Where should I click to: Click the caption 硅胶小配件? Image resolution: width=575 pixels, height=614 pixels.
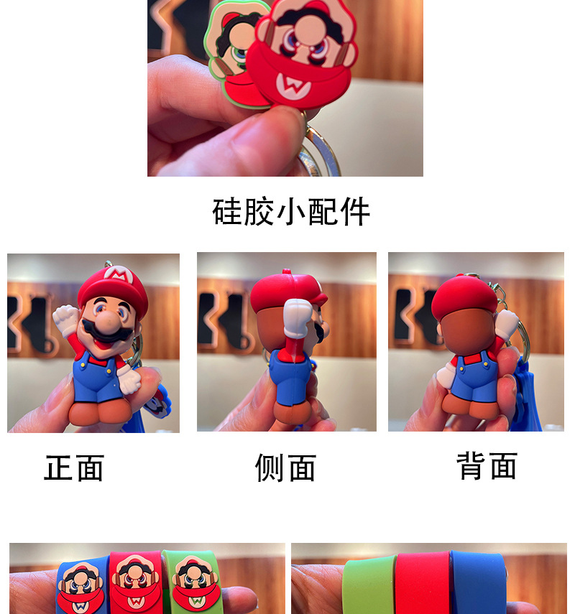291,212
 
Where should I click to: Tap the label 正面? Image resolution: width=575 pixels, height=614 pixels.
74,468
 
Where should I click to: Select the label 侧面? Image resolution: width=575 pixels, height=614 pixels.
285,468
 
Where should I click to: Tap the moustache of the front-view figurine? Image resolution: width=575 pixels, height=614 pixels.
101,331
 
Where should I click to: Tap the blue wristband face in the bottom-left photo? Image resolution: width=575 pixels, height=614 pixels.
81,585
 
